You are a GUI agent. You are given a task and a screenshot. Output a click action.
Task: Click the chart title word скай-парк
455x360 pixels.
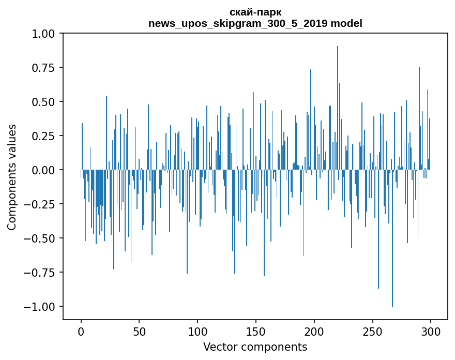(x=255, y=12)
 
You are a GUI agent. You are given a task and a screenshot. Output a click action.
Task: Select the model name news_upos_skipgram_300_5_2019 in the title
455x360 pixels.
(x=238, y=23)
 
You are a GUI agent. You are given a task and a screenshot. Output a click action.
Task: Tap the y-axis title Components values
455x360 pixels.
(x=12, y=177)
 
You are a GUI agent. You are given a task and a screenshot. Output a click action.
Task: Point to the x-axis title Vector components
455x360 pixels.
(x=255, y=347)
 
